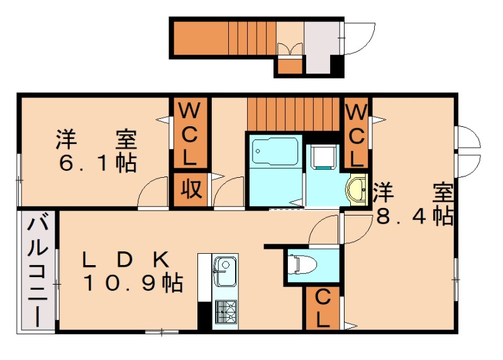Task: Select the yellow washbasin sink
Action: click(357, 188)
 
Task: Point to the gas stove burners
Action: click(224, 310)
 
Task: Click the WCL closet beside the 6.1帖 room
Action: click(190, 133)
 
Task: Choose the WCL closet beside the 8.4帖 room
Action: click(356, 133)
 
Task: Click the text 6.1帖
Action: click(97, 163)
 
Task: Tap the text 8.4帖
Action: click(414, 216)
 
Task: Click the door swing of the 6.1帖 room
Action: click(153, 191)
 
